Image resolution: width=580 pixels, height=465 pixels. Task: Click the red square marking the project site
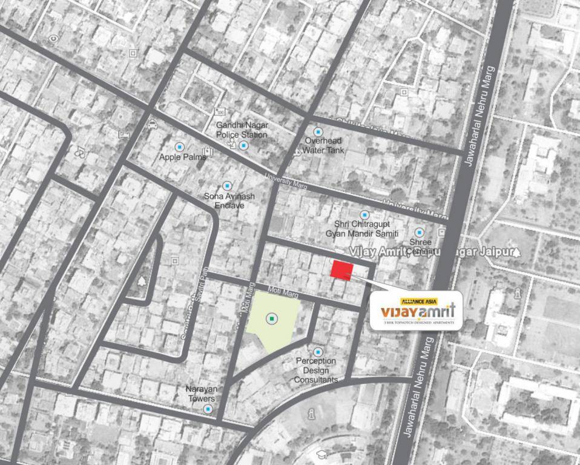tap(342, 270)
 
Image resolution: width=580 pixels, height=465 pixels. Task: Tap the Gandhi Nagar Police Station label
tap(242, 130)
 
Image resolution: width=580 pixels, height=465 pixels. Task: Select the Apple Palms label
tap(182, 157)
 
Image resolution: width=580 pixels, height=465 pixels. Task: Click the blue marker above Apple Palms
tap(179, 147)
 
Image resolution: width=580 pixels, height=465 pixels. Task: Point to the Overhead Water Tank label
tap(323, 145)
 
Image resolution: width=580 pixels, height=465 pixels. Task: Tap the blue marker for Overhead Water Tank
tap(318, 131)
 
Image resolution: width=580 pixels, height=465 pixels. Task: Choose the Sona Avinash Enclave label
tap(229, 200)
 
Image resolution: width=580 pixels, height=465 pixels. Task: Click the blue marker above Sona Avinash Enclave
tap(227, 186)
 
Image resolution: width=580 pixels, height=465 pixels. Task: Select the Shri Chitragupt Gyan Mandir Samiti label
tap(362, 229)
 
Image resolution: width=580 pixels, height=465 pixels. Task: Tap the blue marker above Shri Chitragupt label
tap(364, 215)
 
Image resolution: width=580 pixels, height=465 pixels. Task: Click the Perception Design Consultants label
tap(316, 370)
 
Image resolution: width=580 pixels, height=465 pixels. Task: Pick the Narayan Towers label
tap(201, 394)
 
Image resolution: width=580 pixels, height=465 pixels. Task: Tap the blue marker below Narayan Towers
tap(208, 409)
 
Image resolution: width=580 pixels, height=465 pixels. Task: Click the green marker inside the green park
tap(272, 318)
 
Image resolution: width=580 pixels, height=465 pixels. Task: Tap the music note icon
tap(79, 151)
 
